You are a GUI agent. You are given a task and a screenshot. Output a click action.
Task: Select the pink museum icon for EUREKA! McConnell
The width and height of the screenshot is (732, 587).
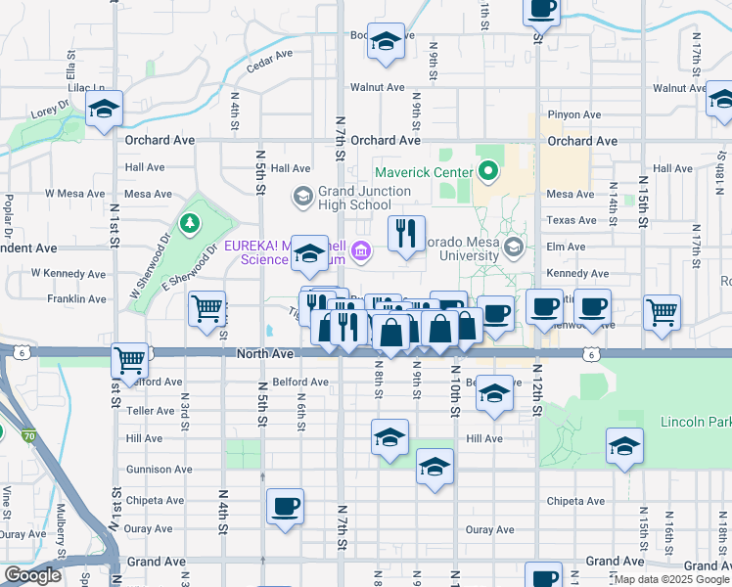361,252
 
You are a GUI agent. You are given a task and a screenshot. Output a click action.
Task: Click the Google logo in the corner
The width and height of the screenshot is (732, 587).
33,575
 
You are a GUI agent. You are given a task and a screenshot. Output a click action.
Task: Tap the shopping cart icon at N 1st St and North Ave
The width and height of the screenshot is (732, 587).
130,360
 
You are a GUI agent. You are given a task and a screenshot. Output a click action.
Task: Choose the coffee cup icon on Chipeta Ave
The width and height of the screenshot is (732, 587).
285,506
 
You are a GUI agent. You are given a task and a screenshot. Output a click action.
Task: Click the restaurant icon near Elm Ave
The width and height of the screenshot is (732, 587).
406,233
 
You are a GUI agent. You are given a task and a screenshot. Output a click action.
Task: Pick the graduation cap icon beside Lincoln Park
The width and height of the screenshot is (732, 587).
624,446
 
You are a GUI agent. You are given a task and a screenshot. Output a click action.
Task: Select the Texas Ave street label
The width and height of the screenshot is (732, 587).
572,220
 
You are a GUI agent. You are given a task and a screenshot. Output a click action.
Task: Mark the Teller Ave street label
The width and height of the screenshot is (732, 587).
150,412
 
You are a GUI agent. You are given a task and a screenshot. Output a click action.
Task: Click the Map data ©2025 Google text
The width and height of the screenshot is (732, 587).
671,579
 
